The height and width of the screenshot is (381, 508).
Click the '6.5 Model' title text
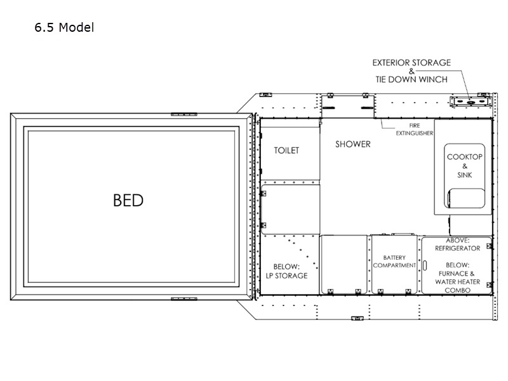pos(64,27)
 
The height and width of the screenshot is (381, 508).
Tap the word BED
pos(128,200)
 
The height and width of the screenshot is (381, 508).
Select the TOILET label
pos(286,150)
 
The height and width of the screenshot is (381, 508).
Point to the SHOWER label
pos(353,144)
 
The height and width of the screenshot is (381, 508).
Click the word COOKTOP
pos(465,157)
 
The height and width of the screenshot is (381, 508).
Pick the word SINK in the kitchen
pos(465,175)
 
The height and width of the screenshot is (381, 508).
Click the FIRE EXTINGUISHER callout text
pos(415,130)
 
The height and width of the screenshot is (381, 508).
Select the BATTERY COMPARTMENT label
pos(394,262)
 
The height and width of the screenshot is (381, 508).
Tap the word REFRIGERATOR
pos(457,248)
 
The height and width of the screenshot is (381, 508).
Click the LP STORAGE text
pos(287,276)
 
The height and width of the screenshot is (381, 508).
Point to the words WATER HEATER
pos(457,282)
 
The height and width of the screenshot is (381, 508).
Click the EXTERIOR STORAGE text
pos(411,62)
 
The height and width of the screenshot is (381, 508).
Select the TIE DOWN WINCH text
pos(411,79)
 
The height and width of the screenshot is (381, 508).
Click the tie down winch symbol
pos(471,102)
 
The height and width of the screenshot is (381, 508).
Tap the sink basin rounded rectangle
pos(467,198)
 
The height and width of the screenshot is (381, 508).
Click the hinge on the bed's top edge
pos(184,114)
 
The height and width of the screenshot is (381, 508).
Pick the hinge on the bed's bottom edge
pos(184,298)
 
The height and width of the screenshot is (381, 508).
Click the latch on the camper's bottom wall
pos(358,319)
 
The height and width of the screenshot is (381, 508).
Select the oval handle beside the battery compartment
pos(425,265)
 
